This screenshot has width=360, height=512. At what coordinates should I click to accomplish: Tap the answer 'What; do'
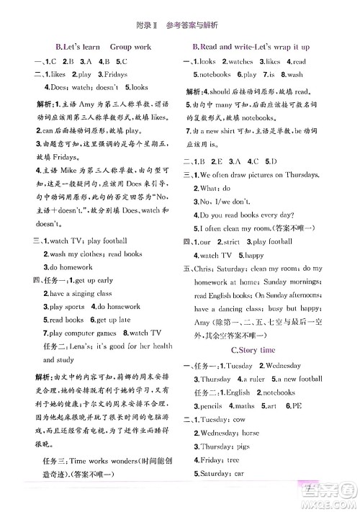pyautogui.click(x=218, y=189)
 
